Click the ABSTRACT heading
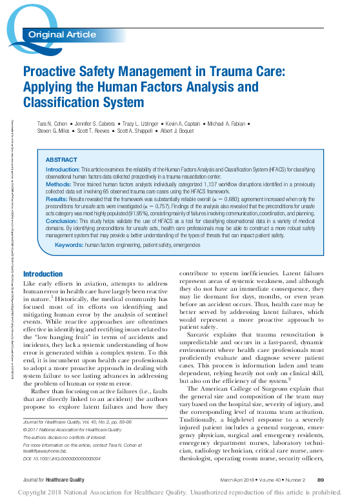[x=61, y=159]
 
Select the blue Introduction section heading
[x=43, y=274]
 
